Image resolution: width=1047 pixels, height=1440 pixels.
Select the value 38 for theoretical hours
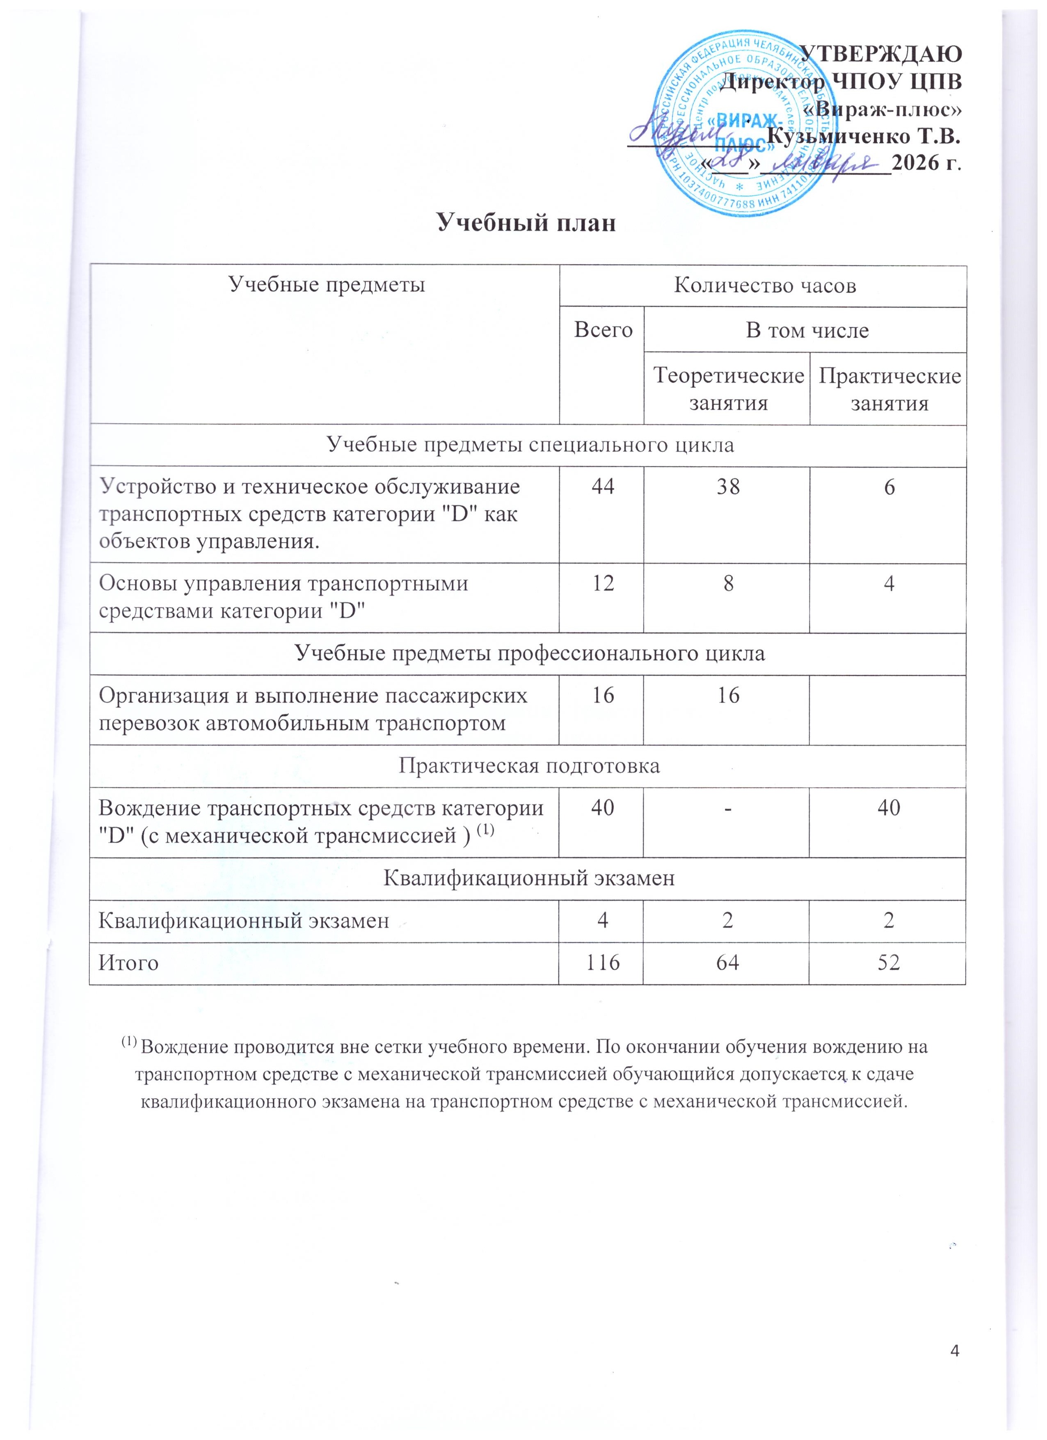[728, 487]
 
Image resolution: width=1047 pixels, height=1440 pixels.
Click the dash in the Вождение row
[728, 808]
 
